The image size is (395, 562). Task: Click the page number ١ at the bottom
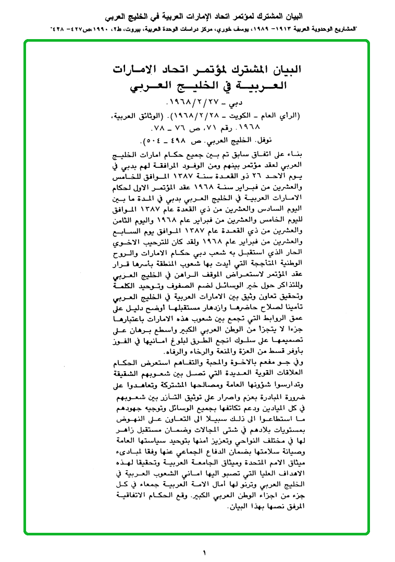point(204,552)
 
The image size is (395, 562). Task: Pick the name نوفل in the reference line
point(293,141)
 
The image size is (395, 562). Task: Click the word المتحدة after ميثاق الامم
point(241,458)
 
